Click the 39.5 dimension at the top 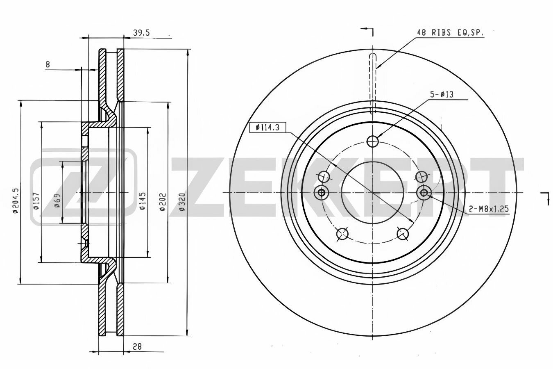(x=141, y=33)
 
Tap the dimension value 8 (x=48, y=64)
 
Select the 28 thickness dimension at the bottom (x=137, y=347)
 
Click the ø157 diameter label (x=36, y=200)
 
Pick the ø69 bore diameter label (x=57, y=200)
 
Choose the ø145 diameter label (x=143, y=201)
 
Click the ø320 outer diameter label (x=182, y=202)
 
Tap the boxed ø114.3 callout (x=267, y=128)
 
